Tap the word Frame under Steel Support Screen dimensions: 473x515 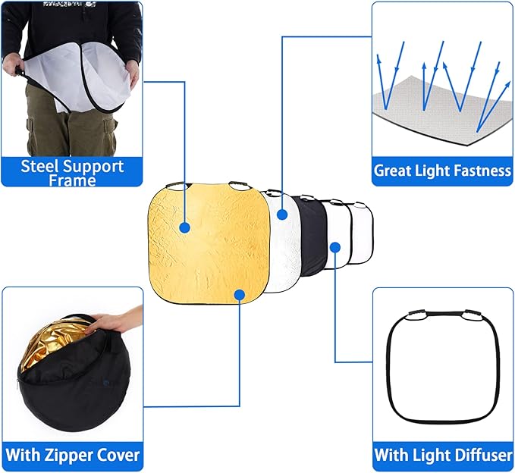point(73,180)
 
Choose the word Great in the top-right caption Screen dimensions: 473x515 point(393,171)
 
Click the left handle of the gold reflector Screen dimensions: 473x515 point(175,185)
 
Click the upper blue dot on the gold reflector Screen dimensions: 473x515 point(184,227)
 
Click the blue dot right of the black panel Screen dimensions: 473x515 point(335,246)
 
